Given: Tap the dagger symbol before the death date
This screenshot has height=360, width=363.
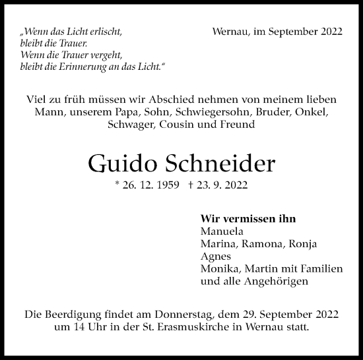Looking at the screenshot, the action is click(x=191, y=187).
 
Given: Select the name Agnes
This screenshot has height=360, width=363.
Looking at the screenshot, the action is click(x=215, y=256).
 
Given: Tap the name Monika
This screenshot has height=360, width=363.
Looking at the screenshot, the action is click(x=219, y=268).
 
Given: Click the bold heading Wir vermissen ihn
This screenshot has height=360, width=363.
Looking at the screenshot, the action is click(x=247, y=219).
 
